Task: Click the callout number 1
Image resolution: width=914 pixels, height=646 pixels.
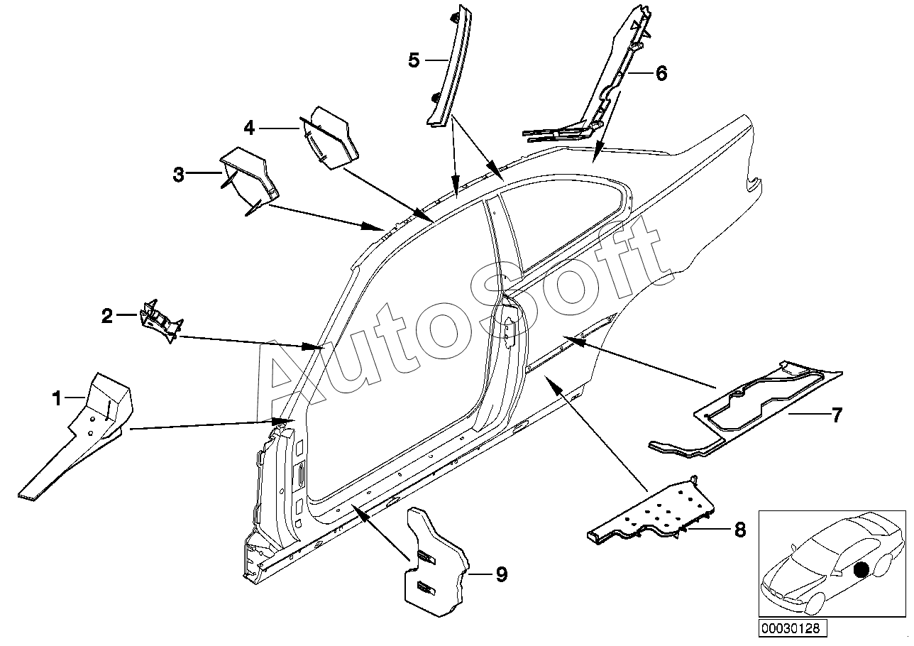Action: pyautogui.click(x=57, y=400)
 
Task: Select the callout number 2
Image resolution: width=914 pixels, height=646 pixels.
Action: pyautogui.click(x=107, y=316)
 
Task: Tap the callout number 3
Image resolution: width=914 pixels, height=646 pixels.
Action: pyautogui.click(x=179, y=174)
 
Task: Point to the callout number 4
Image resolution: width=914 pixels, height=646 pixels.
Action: pyautogui.click(x=248, y=128)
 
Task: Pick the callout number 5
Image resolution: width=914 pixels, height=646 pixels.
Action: pyautogui.click(x=414, y=60)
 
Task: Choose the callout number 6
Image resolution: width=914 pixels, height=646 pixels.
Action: pyautogui.click(x=661, y=72)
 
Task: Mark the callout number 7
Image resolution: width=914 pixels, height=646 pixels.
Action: pyautogui.click(x=837, y=415)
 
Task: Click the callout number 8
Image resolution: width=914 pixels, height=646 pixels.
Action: pyautogui.click(x=740, y=530)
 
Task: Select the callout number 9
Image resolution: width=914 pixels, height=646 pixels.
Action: pyautogui.click(x=501, y=574)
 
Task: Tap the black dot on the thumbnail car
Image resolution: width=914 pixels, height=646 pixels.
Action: pyautogui.click(x=861, y=569)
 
